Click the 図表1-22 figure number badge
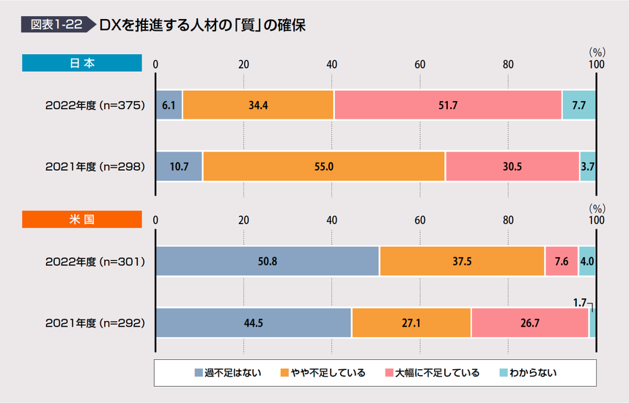click(56, 24)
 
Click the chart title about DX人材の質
click(202, 24)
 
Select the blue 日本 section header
click(81, 63)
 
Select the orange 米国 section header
click(81, 219)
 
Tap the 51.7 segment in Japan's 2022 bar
click(447, 105)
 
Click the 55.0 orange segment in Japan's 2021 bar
click(323, 166)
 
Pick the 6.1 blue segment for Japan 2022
click(169, 105)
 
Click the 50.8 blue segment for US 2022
click(267, 262)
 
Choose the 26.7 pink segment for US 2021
click(529, 322)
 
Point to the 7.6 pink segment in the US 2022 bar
click(561, 262)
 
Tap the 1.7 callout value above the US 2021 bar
click(579, 301)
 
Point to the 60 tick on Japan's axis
click(420, 64)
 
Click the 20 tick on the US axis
click(244, 220)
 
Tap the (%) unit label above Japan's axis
click(596, 52)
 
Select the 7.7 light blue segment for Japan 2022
click(578, 105)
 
